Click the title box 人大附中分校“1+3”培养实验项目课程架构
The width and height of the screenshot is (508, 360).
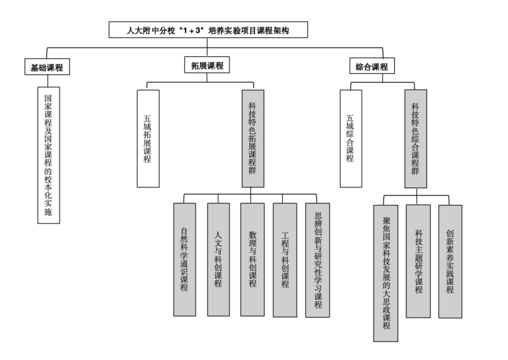[208, 30]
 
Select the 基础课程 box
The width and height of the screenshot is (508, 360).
[47, 67]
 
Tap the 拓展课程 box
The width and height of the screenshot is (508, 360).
[207, 65]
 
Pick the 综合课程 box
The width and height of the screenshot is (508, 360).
[372, 66]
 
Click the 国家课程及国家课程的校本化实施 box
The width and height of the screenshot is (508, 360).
[49, 155]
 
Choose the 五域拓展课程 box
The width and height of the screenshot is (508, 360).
[148, 138]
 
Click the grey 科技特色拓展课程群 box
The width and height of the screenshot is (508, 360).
[252, 138]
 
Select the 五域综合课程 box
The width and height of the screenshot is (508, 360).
[351, 138]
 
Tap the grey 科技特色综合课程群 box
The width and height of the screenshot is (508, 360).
[416, 139]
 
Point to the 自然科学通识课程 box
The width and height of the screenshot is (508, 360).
[185, 260]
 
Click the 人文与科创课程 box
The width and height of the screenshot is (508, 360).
[218, 260]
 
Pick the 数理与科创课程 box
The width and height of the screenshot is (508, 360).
[252, 260]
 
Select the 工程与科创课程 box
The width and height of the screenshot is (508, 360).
[285, 260]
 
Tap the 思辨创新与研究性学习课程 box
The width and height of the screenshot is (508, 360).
[318, 260]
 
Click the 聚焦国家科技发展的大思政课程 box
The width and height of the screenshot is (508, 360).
[386, 273]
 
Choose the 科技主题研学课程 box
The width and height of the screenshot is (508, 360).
[418, 261]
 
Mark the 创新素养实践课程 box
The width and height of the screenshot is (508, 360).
[451, 261]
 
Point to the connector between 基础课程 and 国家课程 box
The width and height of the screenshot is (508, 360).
[47, 81]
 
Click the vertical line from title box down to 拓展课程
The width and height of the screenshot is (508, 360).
[207, 47]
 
